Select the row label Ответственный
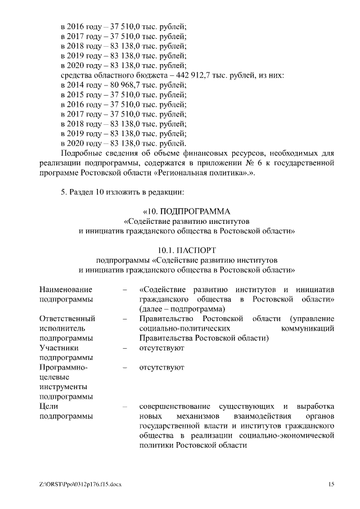click(67, 318)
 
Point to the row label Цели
click(49, 406)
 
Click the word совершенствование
click(175, 406)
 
